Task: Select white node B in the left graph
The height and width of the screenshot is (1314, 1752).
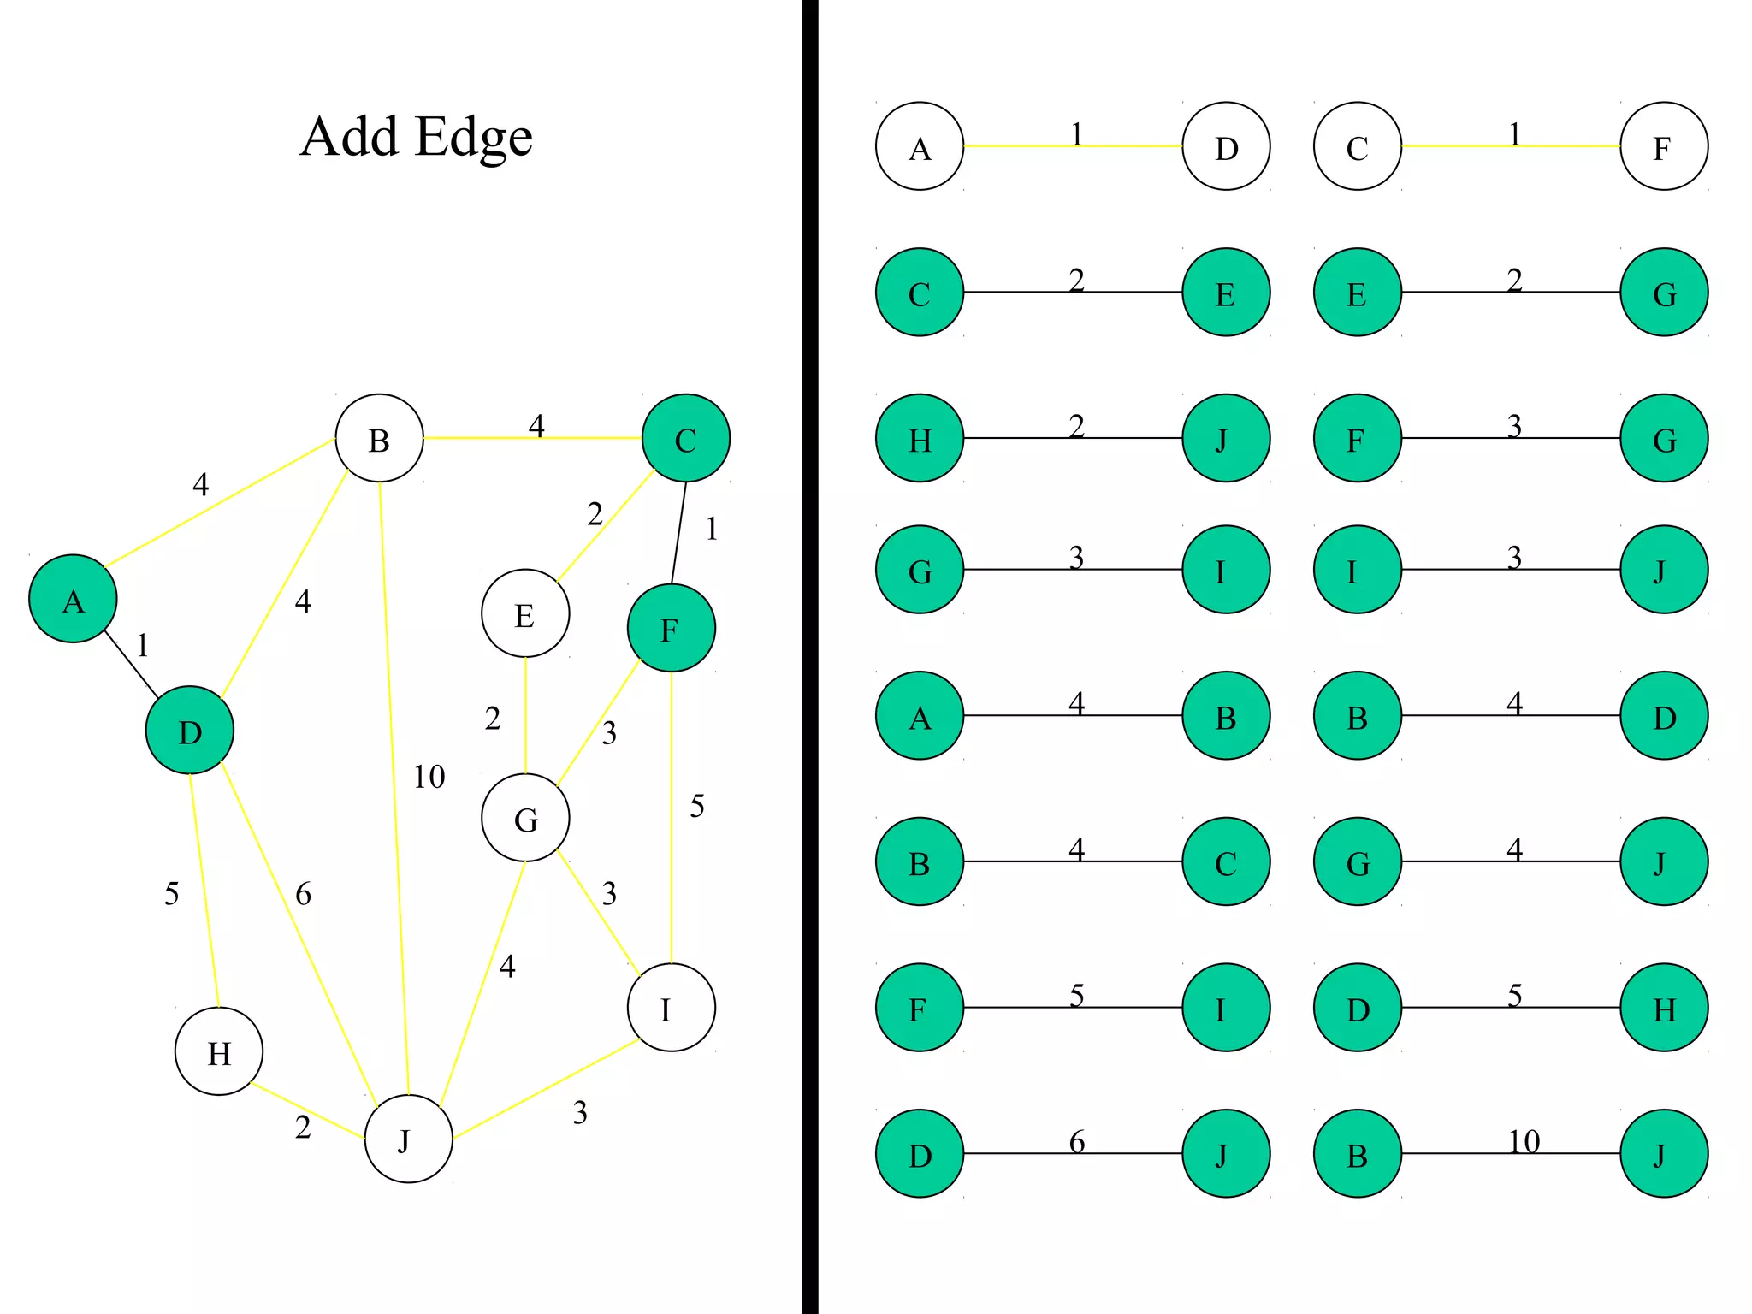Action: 379,438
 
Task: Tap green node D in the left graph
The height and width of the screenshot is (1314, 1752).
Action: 189,731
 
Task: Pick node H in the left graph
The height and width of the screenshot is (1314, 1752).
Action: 219,1051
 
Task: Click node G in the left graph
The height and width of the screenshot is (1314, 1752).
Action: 525,818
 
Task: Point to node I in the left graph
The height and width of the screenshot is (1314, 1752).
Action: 671,1008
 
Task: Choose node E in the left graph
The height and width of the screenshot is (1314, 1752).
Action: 525,613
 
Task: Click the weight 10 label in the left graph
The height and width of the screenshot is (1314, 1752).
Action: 429,777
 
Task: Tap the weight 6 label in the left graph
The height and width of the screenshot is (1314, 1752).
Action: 303,894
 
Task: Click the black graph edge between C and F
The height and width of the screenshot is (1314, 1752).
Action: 678,533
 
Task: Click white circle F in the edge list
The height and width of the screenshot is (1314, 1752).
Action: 1664,146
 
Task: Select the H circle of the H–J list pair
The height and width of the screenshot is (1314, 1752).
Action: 920,438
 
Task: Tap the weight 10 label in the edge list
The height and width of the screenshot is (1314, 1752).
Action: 1524,1141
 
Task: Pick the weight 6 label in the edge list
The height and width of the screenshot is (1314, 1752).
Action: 1077,1141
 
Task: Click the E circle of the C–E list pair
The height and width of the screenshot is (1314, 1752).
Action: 1226,293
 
